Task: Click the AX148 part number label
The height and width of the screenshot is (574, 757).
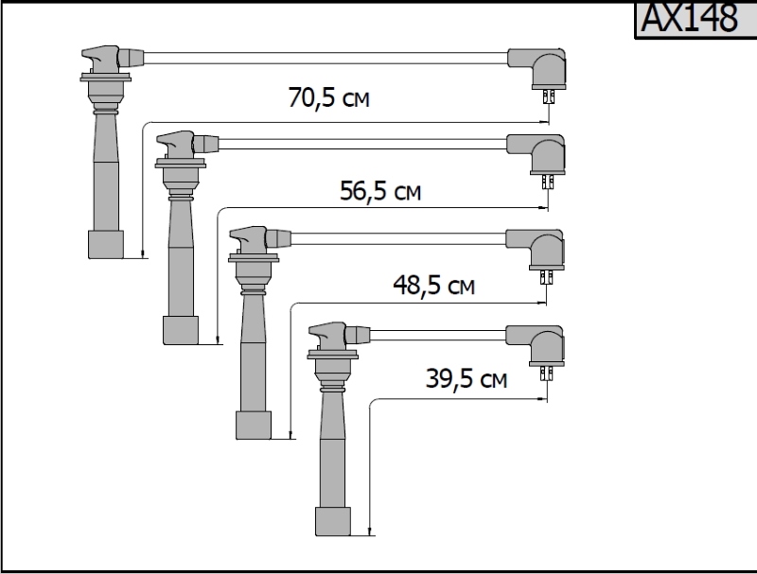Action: point(690,18)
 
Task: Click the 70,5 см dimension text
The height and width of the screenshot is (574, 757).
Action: point(328,97)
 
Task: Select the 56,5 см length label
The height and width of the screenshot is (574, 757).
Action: point(380,191)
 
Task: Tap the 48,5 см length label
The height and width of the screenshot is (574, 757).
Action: point(433,285)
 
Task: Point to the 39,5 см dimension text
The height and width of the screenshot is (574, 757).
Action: point(467,378)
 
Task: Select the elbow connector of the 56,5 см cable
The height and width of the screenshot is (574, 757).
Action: point(537,153)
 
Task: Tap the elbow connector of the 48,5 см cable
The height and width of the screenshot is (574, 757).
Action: point(537,249)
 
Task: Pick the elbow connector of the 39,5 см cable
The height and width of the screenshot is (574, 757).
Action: point(537,345)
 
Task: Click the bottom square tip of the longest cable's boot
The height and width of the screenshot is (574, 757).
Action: point(106,245)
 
